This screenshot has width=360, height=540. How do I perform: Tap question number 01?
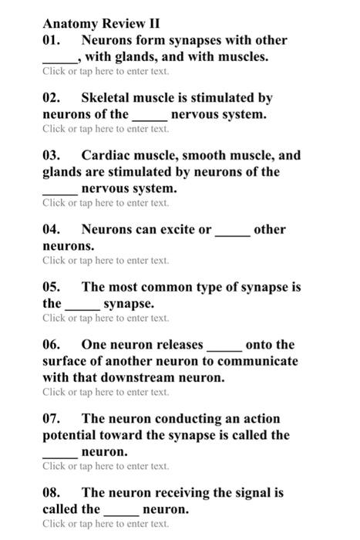click(51, 40)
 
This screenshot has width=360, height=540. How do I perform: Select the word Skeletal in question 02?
click(106, 98)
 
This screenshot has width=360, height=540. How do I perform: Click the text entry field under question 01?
click(106, 72)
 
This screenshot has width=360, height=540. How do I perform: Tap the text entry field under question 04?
click(106, 261)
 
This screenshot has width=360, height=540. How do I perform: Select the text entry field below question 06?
click(106, 393)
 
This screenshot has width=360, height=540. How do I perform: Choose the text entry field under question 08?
click(106, 524)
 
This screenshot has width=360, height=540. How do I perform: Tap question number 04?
click(51, 229)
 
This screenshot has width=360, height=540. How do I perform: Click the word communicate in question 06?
click(251, 361)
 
